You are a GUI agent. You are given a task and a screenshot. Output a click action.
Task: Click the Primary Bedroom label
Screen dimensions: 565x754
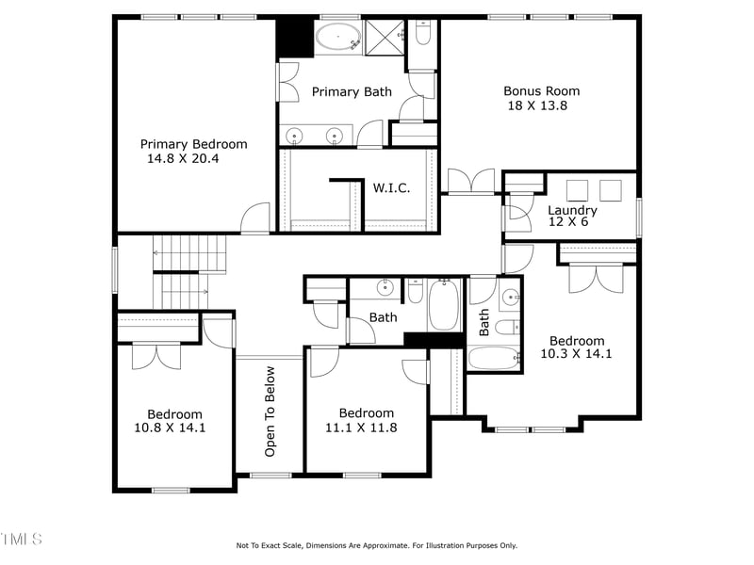click(193, 144)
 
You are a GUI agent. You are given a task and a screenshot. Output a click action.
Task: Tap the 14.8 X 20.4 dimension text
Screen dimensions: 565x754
click(183, 159)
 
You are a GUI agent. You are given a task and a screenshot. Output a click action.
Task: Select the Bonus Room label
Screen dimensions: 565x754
click(541, 91)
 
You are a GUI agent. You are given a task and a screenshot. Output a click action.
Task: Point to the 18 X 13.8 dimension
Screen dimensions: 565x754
click(537, 106)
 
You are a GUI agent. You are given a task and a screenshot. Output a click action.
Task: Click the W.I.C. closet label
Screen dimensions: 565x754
click(391, 188)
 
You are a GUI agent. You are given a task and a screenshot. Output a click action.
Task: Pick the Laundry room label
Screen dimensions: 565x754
click(572, 210)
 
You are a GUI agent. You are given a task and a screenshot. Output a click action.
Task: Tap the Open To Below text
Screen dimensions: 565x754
click(270, 412)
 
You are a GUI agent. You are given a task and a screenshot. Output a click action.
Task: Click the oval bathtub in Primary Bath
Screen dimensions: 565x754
click(336, 40)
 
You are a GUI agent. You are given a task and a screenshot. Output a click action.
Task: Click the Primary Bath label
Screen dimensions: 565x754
click(352, 92)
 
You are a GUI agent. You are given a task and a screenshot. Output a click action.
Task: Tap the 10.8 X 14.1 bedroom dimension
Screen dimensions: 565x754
click(170, 428)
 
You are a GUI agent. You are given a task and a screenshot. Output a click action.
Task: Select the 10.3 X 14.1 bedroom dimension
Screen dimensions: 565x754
click(576, 354)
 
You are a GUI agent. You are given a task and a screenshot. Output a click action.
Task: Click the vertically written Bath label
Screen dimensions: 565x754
click(484, 323)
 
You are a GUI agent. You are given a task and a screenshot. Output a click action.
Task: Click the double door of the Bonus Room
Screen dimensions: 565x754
click(470, 181)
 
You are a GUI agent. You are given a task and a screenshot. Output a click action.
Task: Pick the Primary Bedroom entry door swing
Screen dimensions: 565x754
click(254, 218)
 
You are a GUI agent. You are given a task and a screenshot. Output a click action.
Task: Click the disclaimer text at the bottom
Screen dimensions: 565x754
click(376, 545)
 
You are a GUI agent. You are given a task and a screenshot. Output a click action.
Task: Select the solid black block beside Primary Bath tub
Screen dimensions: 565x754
click(294, 39)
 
